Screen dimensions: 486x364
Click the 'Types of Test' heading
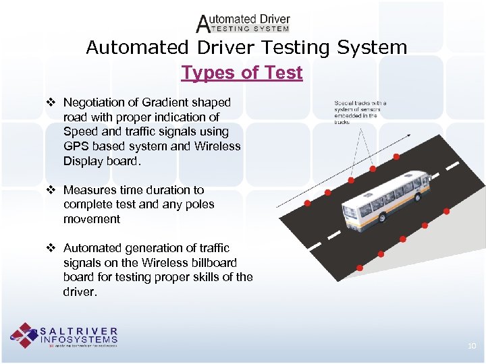(x=242, y=72)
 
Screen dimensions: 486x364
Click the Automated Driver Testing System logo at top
(x=243, y=24)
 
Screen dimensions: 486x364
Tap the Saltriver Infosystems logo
(x=64, y=335)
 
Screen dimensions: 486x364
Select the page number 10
(x=472, y=346)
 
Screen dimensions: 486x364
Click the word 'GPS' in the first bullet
(x=76, y=146)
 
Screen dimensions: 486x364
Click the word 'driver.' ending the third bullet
(x=80, y=292)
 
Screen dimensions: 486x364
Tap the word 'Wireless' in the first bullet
(x=217, y=146)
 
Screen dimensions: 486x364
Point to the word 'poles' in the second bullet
(x=198, y=204)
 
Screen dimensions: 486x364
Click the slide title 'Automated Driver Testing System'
(x=246, y=48)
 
